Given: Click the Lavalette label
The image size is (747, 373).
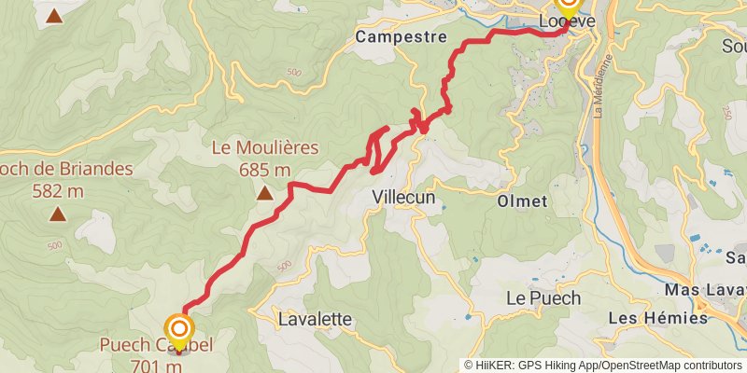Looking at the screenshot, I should coord(316,319).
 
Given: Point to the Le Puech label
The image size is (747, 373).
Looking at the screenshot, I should coord(543,298).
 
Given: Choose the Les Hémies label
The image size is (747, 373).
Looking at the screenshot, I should coord(657,318).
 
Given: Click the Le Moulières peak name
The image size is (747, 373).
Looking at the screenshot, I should coord(265,147).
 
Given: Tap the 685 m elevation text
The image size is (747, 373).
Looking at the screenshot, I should coord(265,170).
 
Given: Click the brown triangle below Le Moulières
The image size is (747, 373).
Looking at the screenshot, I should coord(265,194).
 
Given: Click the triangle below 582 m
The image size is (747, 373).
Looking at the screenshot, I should coord(58,215).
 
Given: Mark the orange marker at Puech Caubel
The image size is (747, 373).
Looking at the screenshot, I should coord(178,329).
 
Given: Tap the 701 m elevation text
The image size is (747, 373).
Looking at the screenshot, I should coord(157,366).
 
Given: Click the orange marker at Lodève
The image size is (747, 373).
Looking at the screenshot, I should coord(569,5).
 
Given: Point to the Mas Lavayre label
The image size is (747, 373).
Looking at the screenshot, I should coord(706,291).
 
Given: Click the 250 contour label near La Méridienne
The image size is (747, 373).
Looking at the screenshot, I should coord(726,111).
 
